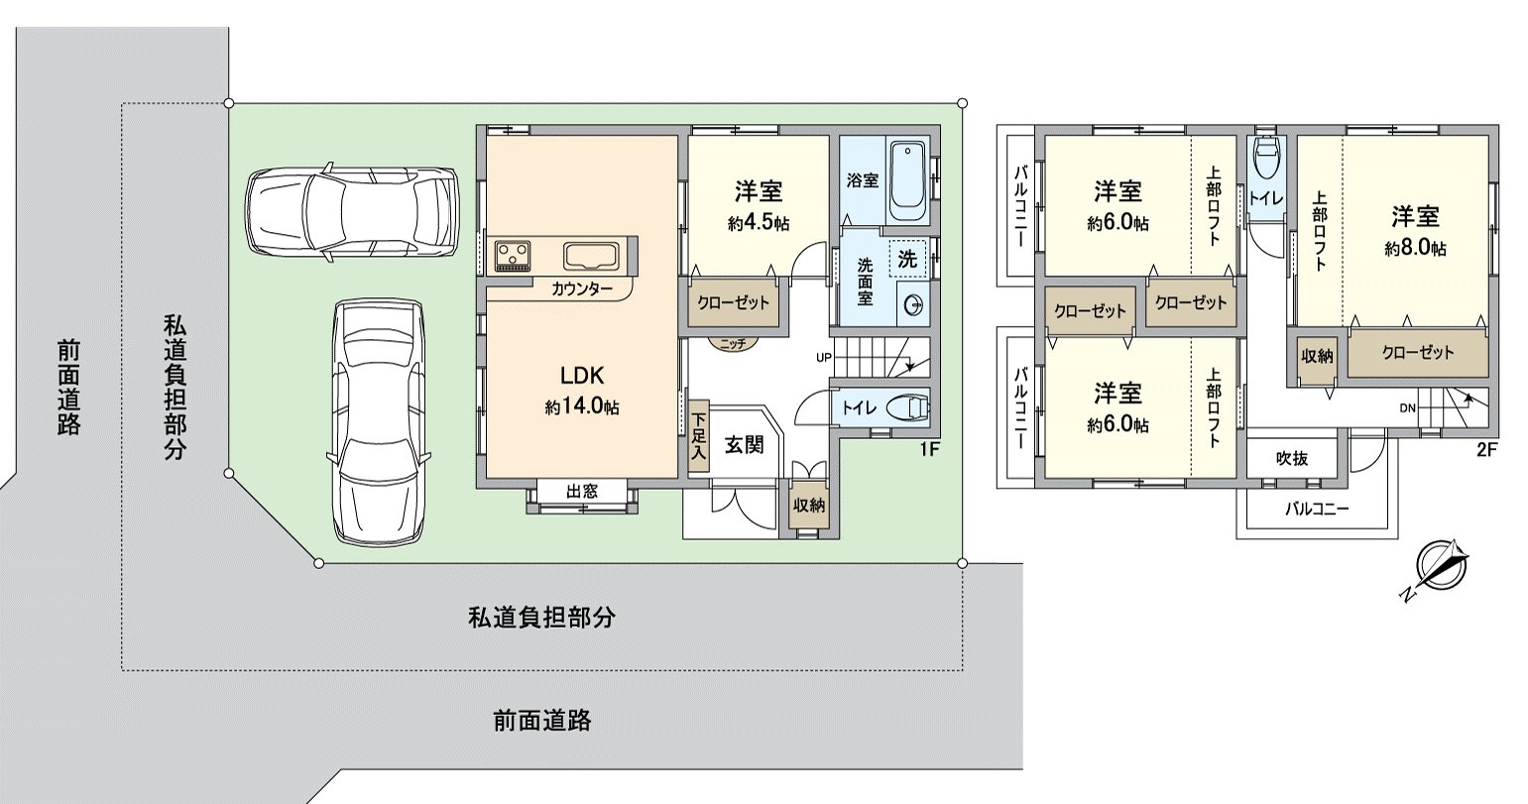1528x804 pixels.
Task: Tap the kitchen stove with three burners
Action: [511, 255]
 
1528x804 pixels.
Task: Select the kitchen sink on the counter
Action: [591, 257]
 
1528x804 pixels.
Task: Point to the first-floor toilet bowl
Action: [907, 407]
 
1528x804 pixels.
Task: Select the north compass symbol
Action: [1438, 569]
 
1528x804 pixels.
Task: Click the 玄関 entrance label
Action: [743, 445]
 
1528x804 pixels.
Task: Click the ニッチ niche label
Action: [733, 342]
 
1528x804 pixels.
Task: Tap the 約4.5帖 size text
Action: [758, 223]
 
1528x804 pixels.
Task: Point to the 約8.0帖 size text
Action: [1414, 249]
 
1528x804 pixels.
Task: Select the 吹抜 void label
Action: [1291, 458]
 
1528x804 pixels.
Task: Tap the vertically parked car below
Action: [381, 420]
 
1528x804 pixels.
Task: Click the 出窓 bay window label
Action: [581, 490]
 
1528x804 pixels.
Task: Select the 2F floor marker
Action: [1485, 449]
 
